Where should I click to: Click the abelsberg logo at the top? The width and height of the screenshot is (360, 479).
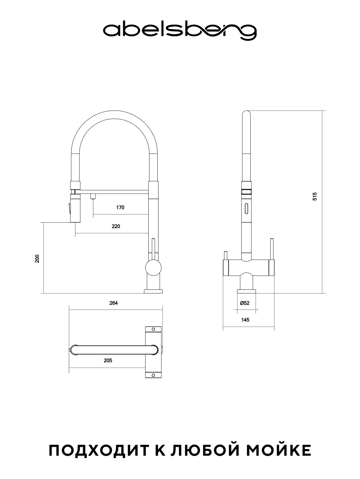[x=180, y=31]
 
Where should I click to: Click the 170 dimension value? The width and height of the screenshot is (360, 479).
[x=120, y=208]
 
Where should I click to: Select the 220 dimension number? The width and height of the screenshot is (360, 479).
[x=116, y=226]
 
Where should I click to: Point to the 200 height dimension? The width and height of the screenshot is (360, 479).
[x=37, y=258]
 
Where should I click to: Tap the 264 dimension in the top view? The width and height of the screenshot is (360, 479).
[x=113, y=303]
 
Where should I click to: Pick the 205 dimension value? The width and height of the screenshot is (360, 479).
[x=108, y=360]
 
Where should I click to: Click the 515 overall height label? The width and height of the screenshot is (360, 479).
[x=315, y=196]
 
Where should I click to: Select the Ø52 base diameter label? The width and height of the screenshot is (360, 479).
[x=245, y=303]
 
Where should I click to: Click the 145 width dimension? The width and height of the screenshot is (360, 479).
[x=245, y=320]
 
